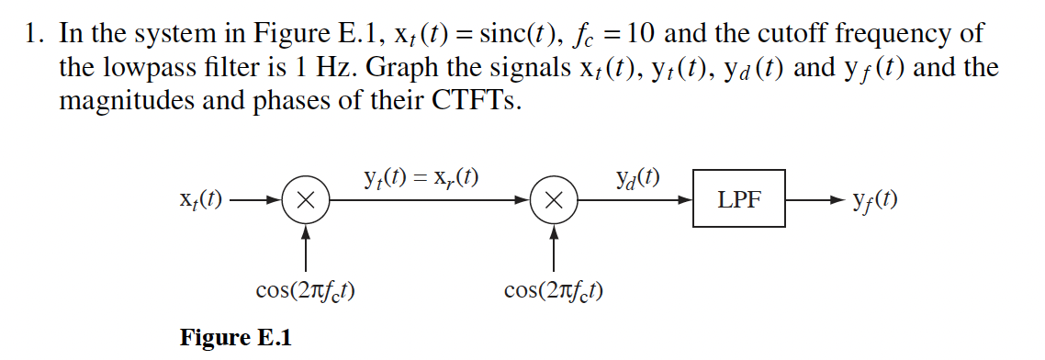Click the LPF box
(739, 197)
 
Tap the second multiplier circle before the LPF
(554, 198)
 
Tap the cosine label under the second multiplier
(554, 291)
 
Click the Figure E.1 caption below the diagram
(235, 338)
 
